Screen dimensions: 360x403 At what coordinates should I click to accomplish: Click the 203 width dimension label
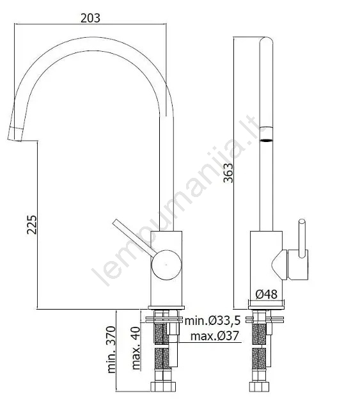click(x=90, y=18)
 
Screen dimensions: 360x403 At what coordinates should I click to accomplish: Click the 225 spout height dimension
click(x=33, y=225)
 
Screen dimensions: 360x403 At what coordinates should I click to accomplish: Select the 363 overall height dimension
click(x=228, y=173)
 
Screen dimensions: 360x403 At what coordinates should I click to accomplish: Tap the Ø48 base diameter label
click(x=267, y=294)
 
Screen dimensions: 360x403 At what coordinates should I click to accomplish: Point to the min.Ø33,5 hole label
click(x=212, y=320)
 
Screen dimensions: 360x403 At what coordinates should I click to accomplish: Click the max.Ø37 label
click(x=214, y=336)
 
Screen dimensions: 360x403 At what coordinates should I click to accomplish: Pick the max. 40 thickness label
click(x=136, y=348)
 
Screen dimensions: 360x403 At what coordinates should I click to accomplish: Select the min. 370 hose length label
click(x=111, y=349)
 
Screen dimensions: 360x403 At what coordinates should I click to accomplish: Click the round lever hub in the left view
click(x=166, y=265)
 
